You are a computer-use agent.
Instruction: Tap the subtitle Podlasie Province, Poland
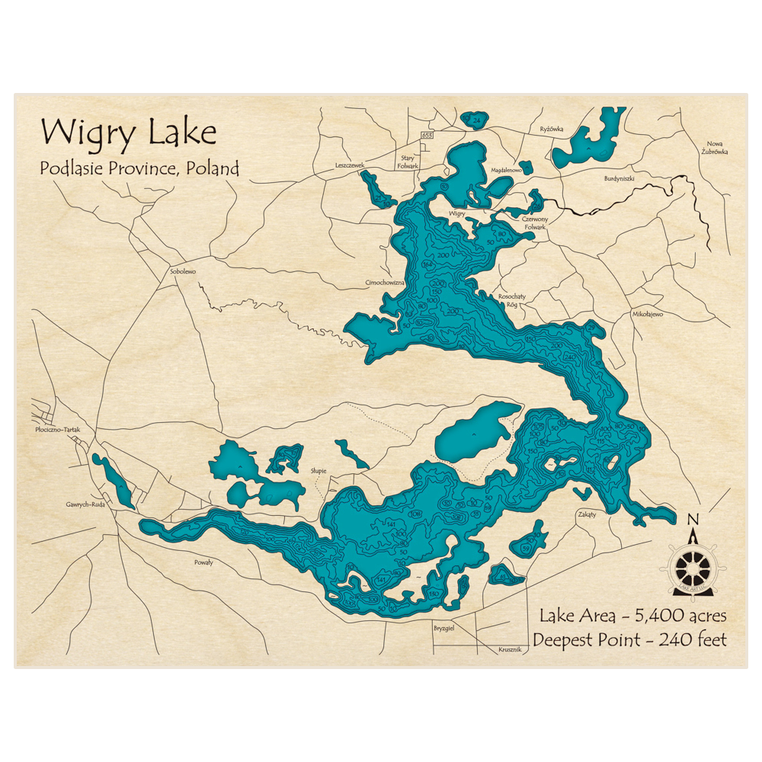click(x=139, y=168)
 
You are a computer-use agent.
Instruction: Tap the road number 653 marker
click(x=427, y=135)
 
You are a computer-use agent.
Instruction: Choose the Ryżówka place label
click(x=551, y=129)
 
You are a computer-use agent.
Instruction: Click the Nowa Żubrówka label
click(x=716, y=148)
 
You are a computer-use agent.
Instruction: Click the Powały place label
click(x=203, y=562)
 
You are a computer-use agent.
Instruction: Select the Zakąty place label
click(x=587, y=514)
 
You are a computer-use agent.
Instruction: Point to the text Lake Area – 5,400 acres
click(x=632, y=615)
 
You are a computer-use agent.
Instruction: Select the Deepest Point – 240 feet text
click(x=629, y=640)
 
